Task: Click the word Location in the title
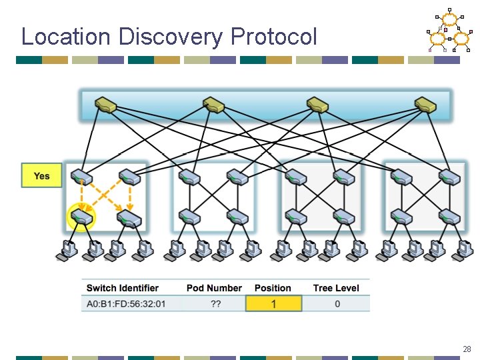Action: tap(59, 37)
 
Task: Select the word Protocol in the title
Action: tap(274, 37)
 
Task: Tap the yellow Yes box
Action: tap(41, 176)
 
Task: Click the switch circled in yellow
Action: tap(82, 217)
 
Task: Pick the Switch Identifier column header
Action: tap(123, 288)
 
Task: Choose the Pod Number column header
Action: tap(214, 288)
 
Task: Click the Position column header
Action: tap(273, 288)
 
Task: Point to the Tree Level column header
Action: tap(336, 288)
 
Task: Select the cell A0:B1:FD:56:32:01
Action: tap(126, 304)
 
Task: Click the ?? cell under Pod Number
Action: tap(215, 304)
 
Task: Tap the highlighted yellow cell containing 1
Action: tap(273, 304)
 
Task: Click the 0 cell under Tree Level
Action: tap(337, 304)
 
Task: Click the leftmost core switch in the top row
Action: tap(105, 105)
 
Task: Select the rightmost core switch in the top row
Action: tap(425, 105)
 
